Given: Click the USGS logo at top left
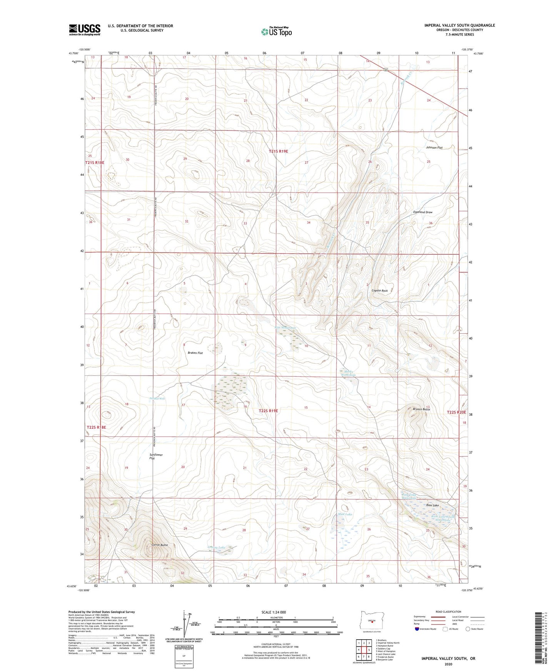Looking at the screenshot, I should point(84,30).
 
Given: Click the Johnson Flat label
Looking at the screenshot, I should point(434,148).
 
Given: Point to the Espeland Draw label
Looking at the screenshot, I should point(423,212).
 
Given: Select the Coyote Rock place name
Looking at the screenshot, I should point(379,291).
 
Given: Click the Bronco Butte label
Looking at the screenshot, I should point(421,410).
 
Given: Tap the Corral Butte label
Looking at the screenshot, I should point(159,545).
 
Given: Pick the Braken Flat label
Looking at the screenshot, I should point(195,353).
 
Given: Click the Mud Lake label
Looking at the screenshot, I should point(345,514).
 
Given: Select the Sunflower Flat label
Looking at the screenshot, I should point(156,456).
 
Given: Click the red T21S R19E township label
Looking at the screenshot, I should point(278,152).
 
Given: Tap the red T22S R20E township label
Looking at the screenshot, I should point(456,412).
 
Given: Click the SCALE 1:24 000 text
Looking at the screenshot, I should point(274,612).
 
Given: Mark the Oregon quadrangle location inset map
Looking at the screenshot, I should point(371,621).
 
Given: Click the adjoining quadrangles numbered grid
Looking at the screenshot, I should point(364,650).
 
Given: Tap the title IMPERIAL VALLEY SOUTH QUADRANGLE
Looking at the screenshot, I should point(459,25).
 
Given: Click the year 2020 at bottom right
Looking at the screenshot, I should point(448,664).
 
